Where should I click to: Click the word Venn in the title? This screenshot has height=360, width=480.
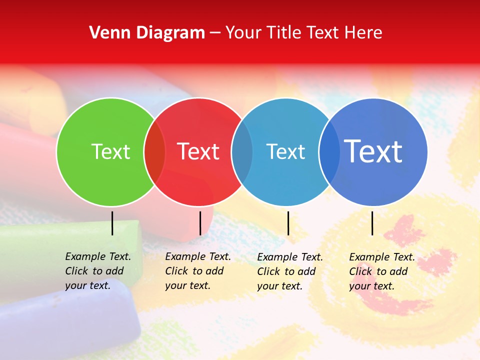(x=105, y=33)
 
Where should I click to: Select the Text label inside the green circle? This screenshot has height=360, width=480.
(x=110, y=151)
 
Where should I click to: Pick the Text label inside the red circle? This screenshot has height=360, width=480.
(x=198, y=151)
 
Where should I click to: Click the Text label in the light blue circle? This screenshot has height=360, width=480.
(x=285, y=151)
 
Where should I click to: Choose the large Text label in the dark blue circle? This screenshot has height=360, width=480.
(x=373, y=151)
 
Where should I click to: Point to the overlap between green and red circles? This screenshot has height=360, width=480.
(x=154, y=151)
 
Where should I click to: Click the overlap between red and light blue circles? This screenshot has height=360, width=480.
(x=242, y=151)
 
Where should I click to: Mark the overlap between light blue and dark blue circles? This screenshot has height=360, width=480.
(x=329, y=151)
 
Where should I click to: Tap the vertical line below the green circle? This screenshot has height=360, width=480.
(x=112, y=223)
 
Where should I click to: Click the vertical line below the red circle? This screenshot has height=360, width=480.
(x=200, y=223)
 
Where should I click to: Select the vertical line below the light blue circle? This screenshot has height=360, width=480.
(x=288, y=223)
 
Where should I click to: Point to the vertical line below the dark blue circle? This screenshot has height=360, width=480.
(x=372, y=223)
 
